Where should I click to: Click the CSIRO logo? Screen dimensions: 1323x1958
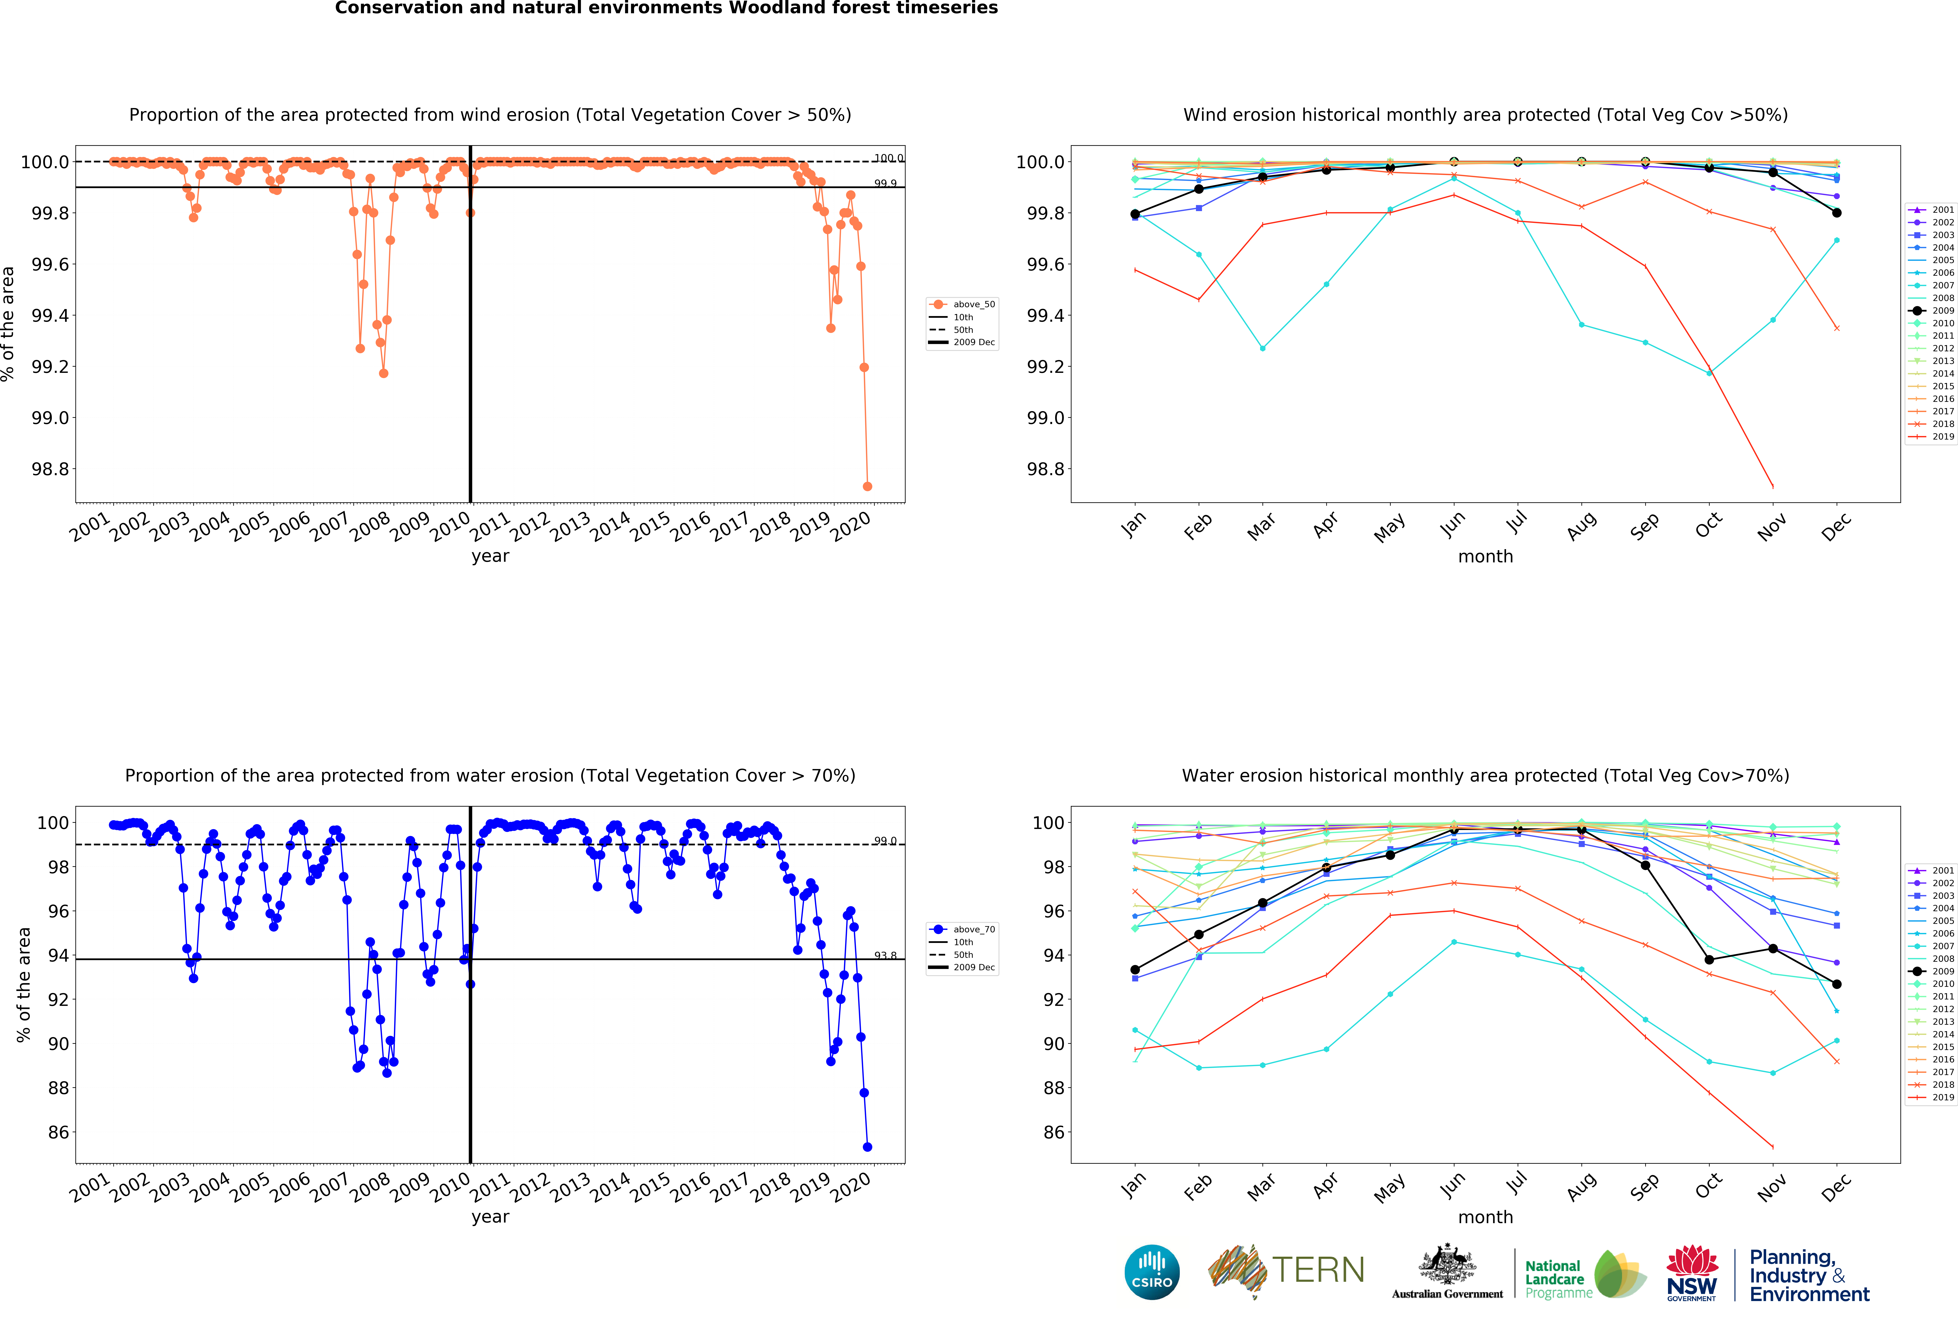tap(1152, 1272)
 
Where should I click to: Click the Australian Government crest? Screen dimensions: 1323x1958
tap(1447, 1264)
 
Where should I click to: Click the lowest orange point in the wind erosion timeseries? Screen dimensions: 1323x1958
tap(867, 486)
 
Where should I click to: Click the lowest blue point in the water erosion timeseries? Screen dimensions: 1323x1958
tap(867, 1147)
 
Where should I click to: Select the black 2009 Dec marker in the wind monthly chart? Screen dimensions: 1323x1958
tap(1837, 213)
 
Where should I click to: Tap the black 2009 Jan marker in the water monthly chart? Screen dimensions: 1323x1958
tap(1135, 970)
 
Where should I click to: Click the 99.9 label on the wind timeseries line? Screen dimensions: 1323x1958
tap(885, 184)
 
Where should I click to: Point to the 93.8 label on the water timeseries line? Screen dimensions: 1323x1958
tap(885, 956)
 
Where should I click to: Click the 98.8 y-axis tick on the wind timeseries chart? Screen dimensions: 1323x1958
tap(50, 469)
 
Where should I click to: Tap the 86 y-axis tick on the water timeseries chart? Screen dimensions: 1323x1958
tap(58, 1133)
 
